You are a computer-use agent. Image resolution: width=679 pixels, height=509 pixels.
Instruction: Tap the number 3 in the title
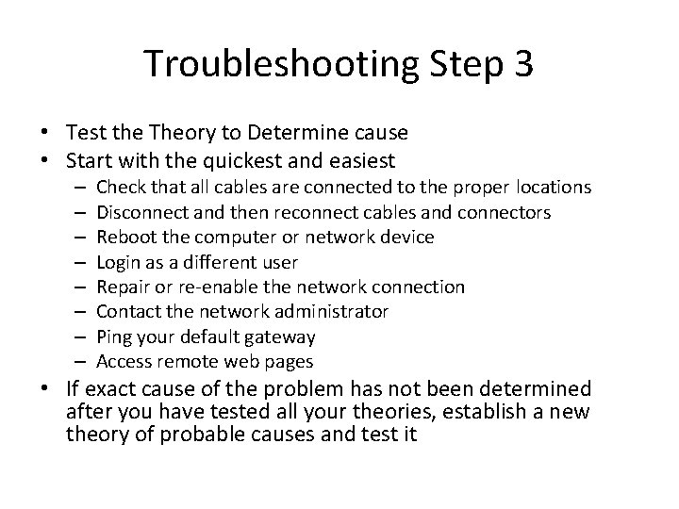coord(522,64)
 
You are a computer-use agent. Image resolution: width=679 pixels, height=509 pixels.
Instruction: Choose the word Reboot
coord(127,238)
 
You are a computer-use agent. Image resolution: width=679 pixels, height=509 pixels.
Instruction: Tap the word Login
coord(119,262)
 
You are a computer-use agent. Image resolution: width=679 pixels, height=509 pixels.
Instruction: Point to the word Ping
coord(115,337)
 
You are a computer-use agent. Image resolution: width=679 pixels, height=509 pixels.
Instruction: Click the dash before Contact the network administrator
coord(76,311)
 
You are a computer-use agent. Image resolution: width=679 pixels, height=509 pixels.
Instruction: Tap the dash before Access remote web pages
coord(76,361)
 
